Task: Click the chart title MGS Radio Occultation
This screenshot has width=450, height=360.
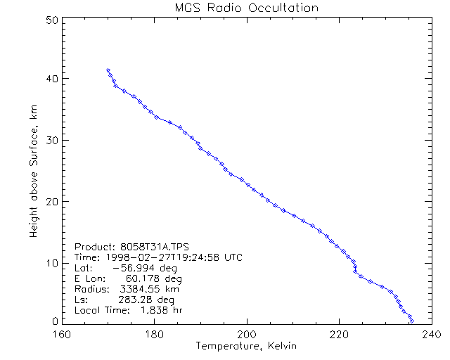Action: pos(247,8)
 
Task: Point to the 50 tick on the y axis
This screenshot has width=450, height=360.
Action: pos(51,20)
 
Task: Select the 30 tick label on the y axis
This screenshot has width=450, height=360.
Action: pos(51,140)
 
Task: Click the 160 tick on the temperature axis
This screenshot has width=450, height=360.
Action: pos(62,335)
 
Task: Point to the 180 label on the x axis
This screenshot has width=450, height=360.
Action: pos(154,335)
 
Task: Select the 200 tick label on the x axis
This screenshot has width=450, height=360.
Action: pos(247,335)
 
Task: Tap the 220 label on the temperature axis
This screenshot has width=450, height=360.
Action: pos(339,335)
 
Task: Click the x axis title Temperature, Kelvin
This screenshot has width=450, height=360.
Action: pos(247,346)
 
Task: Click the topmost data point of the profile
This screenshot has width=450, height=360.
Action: pos(108,70)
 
